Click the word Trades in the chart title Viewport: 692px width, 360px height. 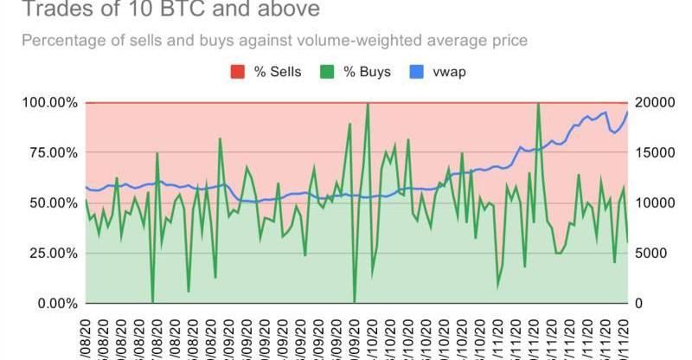[54, 10]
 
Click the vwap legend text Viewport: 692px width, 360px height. [450, 71]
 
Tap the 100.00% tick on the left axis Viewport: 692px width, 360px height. [48, 103]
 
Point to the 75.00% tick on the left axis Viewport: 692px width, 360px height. [52, 153]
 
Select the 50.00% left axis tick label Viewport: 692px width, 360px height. [52, 203]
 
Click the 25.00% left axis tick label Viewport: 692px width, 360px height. [52, 254]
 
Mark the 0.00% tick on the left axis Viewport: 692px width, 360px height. [55, 304]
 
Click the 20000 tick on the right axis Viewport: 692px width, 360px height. [653, 103]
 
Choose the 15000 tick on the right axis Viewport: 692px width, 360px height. [653, 153]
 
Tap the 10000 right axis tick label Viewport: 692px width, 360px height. [653, 203]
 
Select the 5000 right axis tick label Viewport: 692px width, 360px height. [650, 254]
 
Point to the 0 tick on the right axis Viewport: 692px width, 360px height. [639, 304]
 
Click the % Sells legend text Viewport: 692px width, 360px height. [277, 71]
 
